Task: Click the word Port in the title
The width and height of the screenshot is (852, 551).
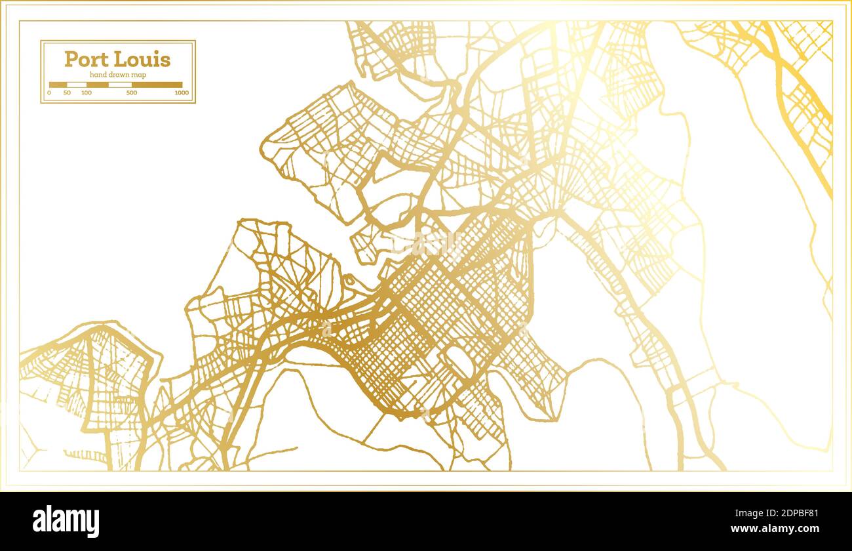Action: point(87,60)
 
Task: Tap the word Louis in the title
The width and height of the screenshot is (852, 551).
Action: point(142,60)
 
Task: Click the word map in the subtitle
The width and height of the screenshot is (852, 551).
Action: point(138,75)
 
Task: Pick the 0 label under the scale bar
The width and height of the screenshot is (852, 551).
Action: point(49,93)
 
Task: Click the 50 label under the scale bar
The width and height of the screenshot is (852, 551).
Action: point(67,93)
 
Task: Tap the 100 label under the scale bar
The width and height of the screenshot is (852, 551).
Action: point(87,93)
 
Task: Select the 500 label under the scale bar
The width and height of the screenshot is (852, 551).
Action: point(132,93)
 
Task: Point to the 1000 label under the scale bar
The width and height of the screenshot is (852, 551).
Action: point(182,93)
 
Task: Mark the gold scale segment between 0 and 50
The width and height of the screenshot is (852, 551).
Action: point(58,85)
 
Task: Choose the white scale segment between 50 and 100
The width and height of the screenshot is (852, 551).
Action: point(77,85)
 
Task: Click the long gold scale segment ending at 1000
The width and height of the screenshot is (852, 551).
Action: point(157,85)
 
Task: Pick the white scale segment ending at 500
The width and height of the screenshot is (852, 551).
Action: point(120,85)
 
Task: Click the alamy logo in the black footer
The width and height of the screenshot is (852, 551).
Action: point(66,521)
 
